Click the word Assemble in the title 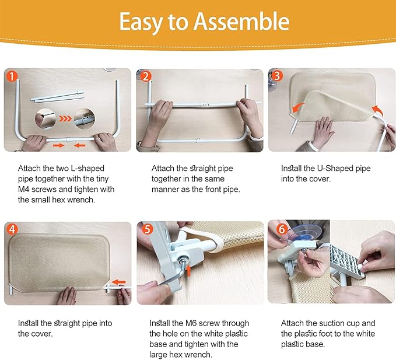click(241, 22)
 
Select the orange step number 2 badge click(145, 76)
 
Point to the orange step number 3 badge click(277, 76)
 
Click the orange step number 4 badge click(12, 229)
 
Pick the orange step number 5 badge click(148, 229)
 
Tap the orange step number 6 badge click(282, 229)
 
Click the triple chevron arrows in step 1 click(65, 118)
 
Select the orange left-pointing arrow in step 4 click(118, 282)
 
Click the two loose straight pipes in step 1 click(57, 97)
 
